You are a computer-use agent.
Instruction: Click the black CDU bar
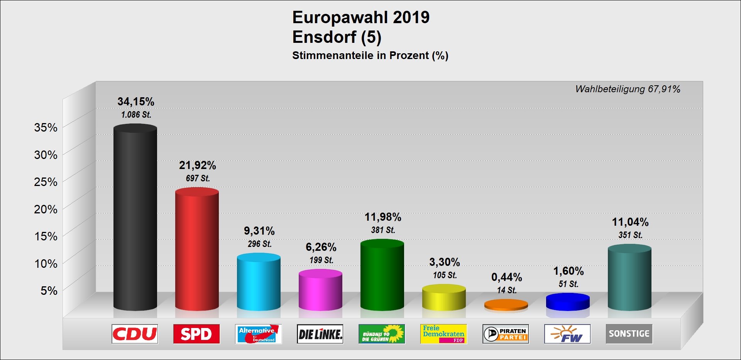pos(135,218)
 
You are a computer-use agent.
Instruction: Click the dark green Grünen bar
pos(382,275)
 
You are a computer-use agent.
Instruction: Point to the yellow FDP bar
pos(444,298)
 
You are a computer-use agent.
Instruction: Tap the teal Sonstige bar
pos(629,278)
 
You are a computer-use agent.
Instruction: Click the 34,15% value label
pos(136,101)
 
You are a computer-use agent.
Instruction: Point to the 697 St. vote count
pos(198,178)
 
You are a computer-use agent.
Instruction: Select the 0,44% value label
pos(506,277)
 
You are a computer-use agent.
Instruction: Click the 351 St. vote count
pos(630,235)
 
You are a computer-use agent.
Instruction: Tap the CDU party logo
pos(135,334)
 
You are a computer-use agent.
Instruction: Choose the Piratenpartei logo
pos(506,334)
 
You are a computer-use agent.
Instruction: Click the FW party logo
pos(567,334)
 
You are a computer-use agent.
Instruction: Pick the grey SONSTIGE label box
pos(629,334)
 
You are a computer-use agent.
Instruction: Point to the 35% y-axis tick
pos(46,128)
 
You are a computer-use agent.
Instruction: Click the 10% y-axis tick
pos(46,264)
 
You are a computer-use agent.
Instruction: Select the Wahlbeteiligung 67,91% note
pos(628,89)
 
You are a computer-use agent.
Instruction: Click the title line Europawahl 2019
pos(361,17)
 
